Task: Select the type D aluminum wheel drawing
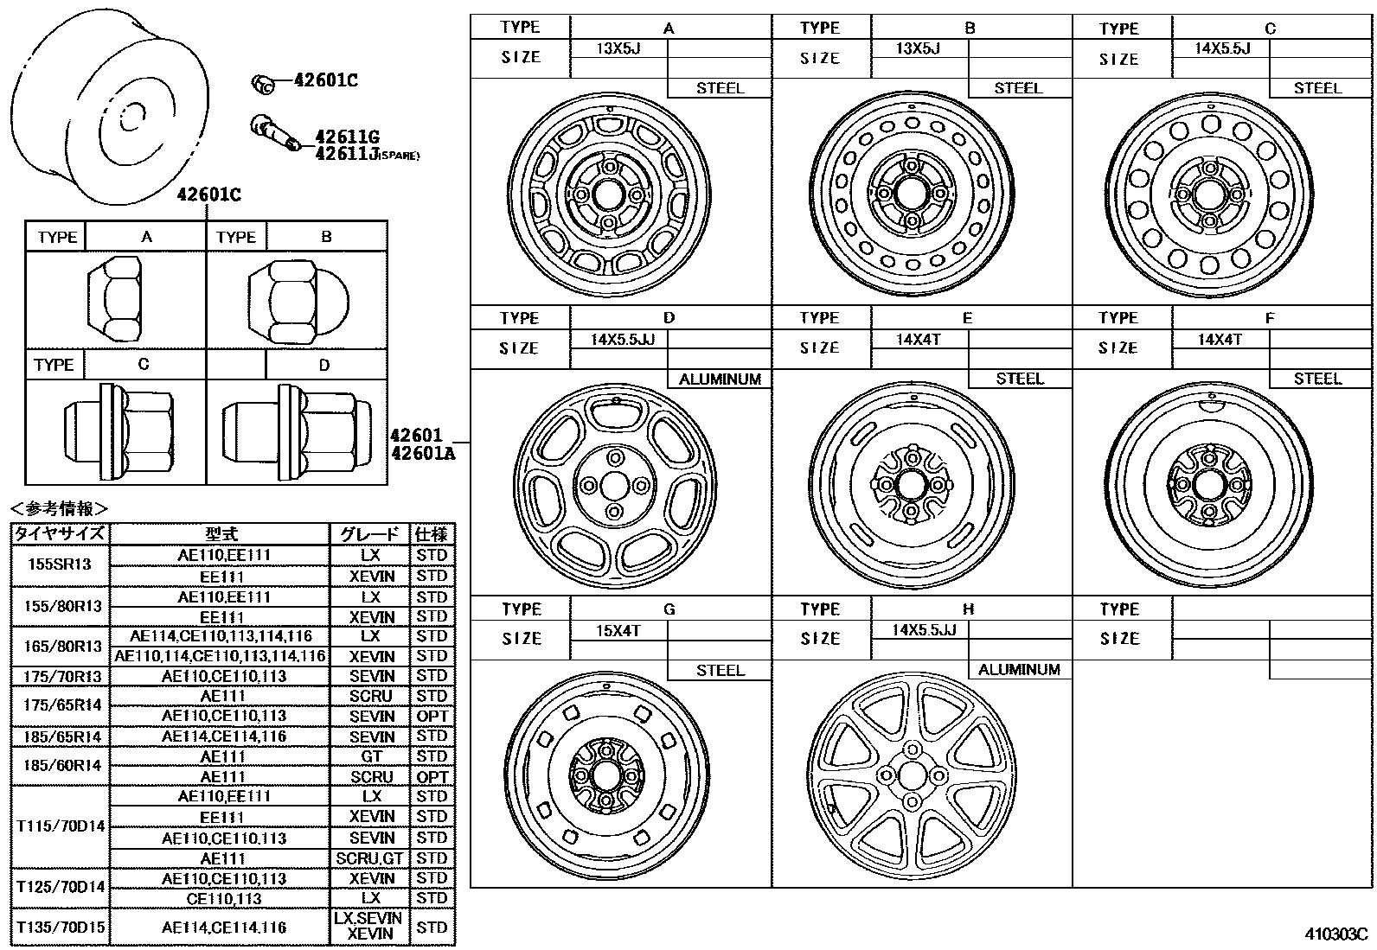click(614, 486)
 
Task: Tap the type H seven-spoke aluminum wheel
click(911, 773)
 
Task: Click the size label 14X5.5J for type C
click(1222, 48)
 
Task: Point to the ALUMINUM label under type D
click(720, 379)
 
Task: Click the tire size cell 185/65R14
click(62, 736)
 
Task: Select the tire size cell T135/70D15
click(61, 928)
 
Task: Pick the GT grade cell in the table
click(371, 756)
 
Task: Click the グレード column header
click(371, 534)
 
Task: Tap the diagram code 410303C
click(1335, 934)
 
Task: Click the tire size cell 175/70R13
click(62, 676)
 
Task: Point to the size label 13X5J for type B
click(918, 48)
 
